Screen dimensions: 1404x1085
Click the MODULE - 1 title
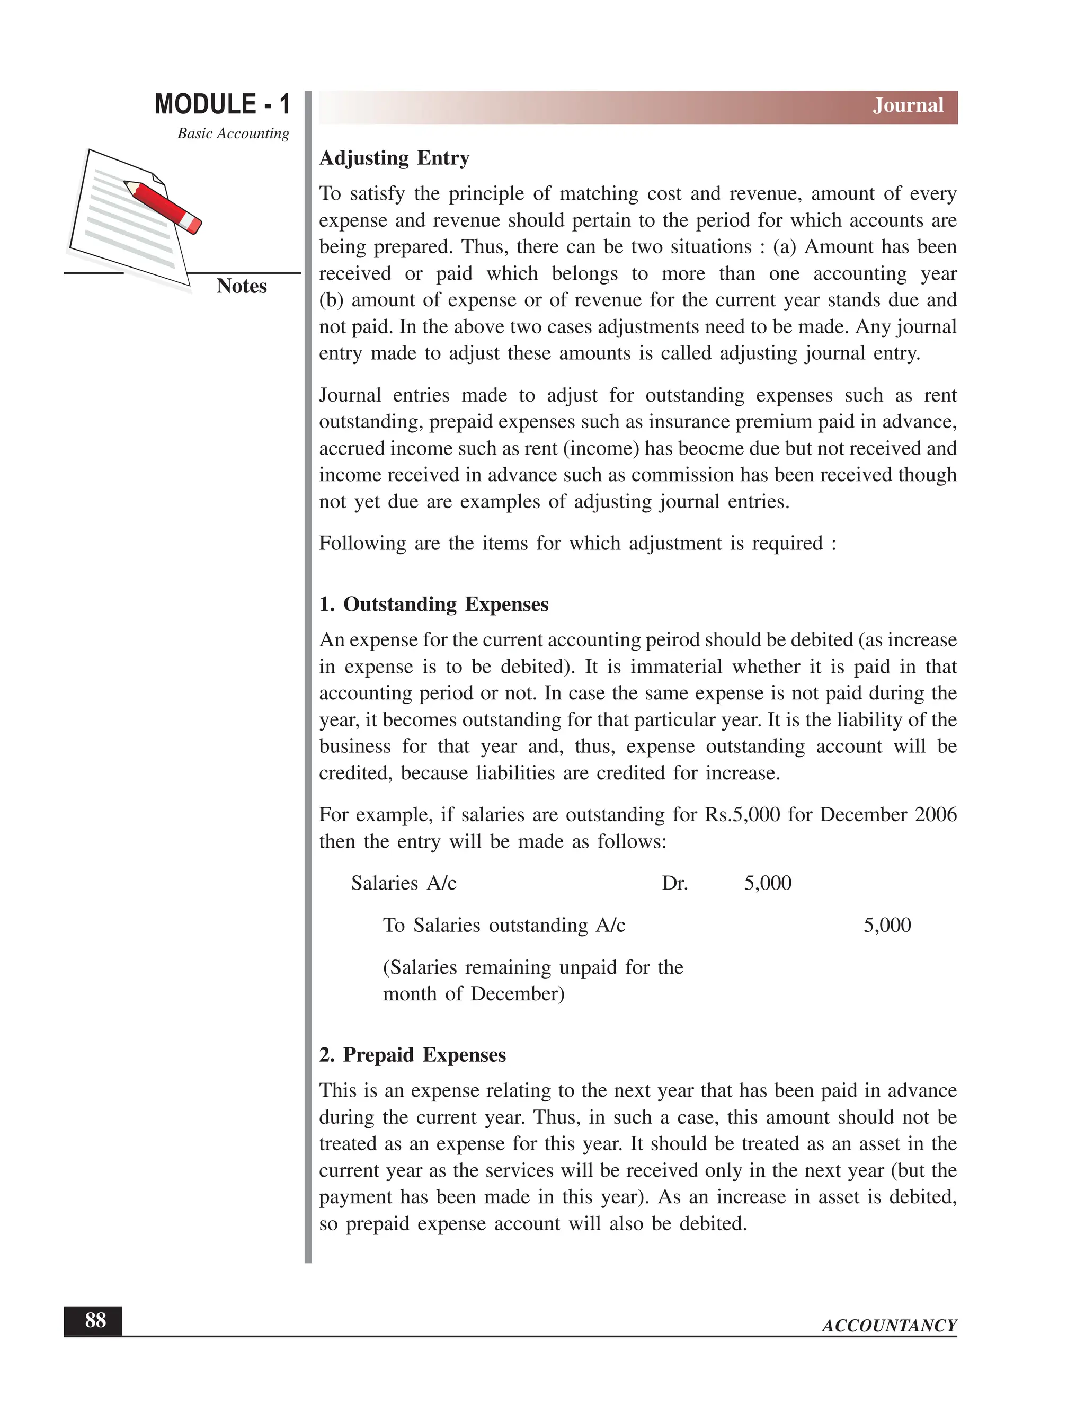[223, 105]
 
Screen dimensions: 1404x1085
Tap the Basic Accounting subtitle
[233, 134]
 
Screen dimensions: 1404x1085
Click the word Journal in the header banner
[908, 105]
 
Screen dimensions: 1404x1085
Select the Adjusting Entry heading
[394, 158]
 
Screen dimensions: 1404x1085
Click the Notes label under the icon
[241, 286]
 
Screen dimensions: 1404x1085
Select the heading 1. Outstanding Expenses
[434, 605]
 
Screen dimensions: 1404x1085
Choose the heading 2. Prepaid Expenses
[413, 1055]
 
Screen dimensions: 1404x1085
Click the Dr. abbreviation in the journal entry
[674, 884]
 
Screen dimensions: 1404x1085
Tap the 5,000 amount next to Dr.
[768, 883]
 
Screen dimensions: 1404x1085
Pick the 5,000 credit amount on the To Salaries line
[887, 926]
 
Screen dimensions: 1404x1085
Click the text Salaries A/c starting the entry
[404, 884]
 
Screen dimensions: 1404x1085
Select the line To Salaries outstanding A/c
[504, 926]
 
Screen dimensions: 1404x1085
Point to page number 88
[95, 1320]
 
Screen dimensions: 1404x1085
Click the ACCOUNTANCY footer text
[889, 1326]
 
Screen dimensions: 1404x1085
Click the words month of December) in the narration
[474, 994]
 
